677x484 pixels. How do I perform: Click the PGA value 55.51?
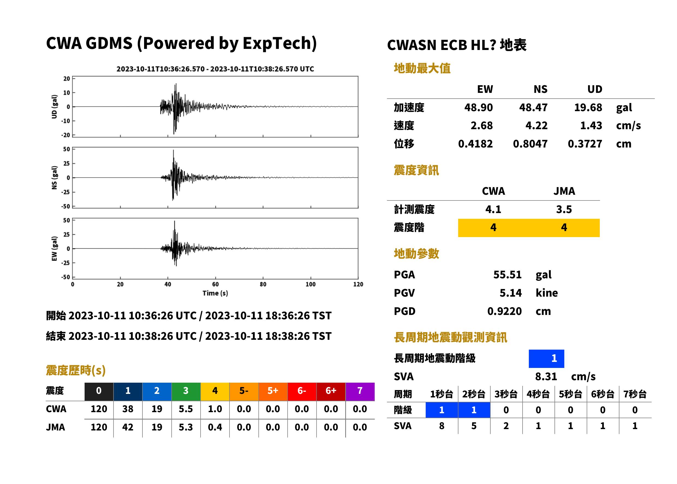point(507,275)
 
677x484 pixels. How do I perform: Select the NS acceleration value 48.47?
point(533,107)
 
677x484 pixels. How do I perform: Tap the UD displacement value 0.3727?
point(585,144)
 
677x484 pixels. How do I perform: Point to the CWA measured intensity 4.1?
point(493,209)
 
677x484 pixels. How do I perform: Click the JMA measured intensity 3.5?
point(564,209)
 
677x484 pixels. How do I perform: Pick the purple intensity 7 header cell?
point(360,391)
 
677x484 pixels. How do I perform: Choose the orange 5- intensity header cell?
point(244,391)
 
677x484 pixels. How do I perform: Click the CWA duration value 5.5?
point(186,409)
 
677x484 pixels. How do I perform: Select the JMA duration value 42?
point(128,427)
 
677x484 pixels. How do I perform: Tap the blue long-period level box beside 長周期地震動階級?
point(546,359)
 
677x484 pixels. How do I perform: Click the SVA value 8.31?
point(546,376)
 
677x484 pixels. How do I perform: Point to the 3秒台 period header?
point(506,394)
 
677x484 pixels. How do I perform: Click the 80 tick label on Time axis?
point(263,284)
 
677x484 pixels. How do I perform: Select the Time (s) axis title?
point(215,293)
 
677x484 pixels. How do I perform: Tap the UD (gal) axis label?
point(54,107)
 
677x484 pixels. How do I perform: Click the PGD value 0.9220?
point(504,311)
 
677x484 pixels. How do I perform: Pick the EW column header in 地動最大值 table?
point(485,89)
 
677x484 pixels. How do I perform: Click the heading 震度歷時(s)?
point(76,370)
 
